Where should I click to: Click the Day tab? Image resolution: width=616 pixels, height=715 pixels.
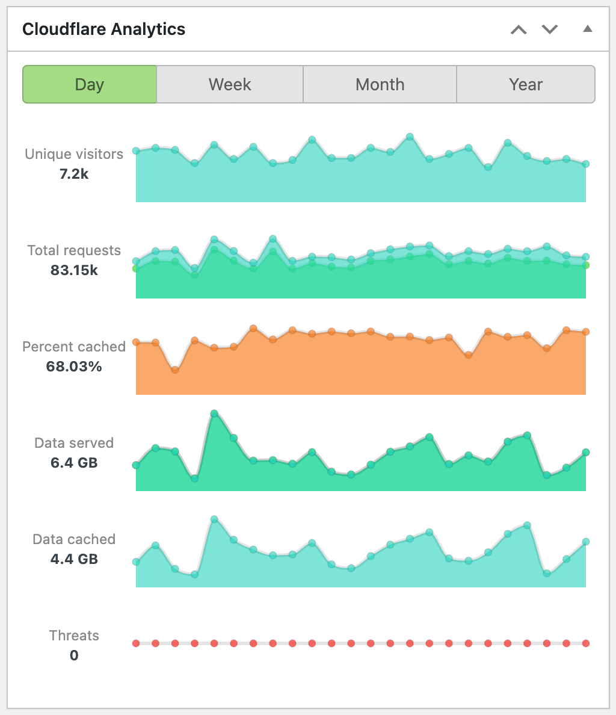(x=90, y=84)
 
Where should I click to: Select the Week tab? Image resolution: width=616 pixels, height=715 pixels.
(x=230, y=84)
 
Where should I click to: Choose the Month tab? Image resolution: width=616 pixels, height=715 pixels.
(x=380, y=84)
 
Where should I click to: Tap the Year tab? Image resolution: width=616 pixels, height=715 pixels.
(x=526, y=84)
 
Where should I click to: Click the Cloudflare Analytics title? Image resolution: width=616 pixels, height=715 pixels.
(x=103, y=29)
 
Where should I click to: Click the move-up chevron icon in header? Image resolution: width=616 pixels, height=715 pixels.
(x=519, y=29)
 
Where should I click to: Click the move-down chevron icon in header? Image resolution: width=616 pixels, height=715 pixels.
(x=550, y=29)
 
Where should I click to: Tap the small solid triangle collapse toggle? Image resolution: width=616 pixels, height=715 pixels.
(x=588, y=29)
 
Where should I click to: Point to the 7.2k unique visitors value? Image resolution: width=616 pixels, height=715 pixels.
(x=74, y=175)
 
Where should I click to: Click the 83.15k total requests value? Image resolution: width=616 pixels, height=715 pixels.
(x=74, y=271)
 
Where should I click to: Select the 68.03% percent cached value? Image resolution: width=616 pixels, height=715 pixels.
(x=74, y=367)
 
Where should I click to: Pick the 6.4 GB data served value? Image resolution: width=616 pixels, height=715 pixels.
(x=74, y=463)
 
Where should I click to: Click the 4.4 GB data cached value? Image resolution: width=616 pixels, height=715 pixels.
(x=74, y=559)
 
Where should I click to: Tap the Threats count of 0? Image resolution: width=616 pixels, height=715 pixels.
(x=74, y=655)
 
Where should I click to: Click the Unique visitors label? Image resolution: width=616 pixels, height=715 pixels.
(x=74, y=154)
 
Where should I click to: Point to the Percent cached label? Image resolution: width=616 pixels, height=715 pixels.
(x=74, y=347)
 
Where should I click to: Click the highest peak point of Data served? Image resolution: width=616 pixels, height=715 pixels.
(x=214, y=413)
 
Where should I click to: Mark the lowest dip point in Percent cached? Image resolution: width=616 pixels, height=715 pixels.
(x=175, y=370)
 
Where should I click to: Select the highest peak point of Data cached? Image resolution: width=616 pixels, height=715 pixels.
(x=214, y=519)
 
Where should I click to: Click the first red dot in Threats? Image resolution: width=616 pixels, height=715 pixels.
(x=136, y=643)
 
